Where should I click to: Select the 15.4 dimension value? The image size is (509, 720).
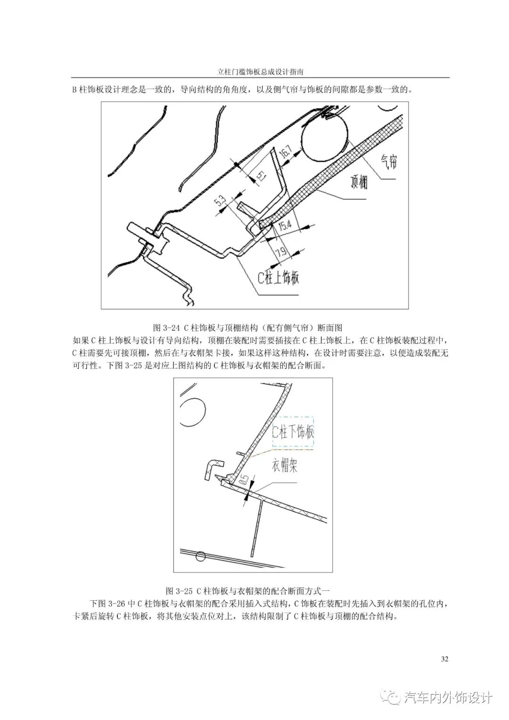pos(284,226)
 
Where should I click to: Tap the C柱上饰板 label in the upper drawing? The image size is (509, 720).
pos(279,278)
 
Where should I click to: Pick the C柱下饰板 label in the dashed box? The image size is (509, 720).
pos(293,432)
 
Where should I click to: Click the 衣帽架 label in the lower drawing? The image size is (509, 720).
pos(284,466)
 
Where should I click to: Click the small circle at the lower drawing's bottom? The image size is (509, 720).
pos(201,556)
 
